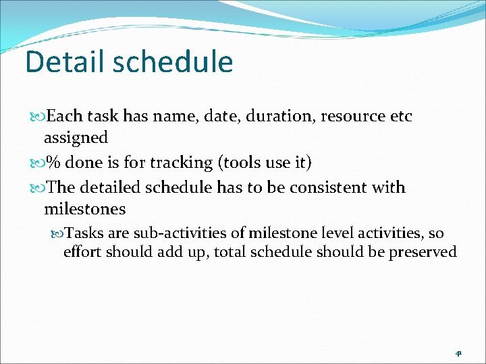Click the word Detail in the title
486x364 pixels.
click(64, 62)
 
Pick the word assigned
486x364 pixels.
click(76, 138)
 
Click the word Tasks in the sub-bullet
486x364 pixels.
click(84, 233)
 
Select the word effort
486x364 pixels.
click(82, 252)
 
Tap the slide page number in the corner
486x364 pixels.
click(458, 353)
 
